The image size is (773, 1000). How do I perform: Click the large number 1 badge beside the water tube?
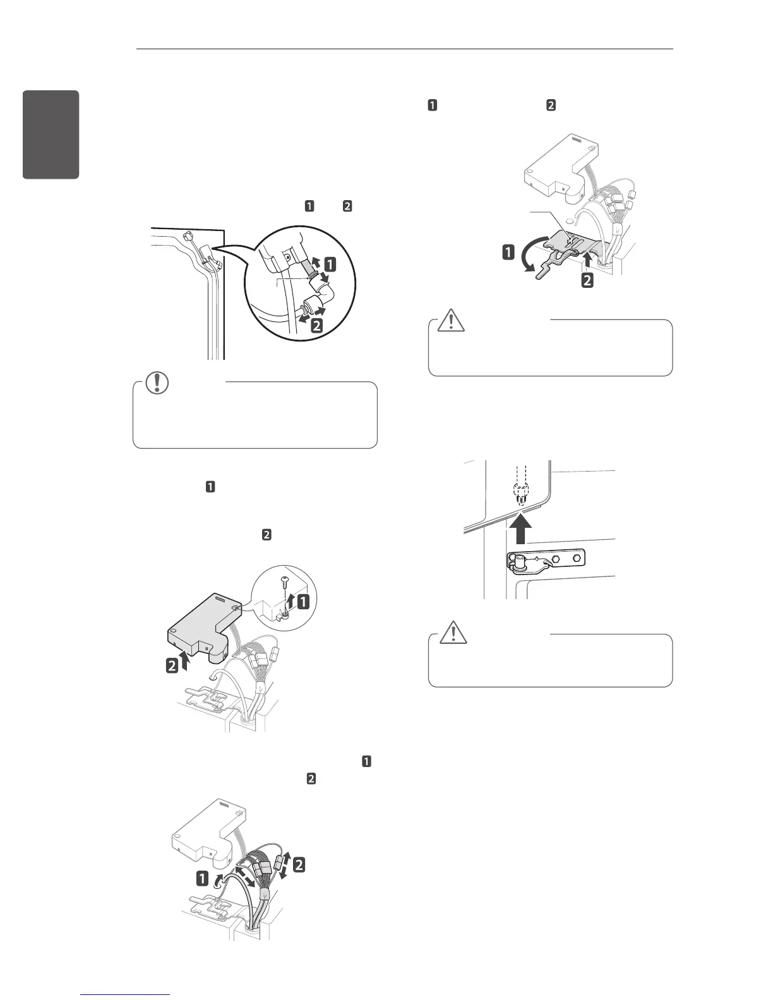(330, 265)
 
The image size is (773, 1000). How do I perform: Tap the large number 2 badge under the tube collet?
(316, 326)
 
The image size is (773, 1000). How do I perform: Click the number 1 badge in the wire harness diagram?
(203, 878)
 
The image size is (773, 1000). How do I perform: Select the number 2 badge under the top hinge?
(587, 279)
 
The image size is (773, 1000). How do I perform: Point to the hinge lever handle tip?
(541, 275)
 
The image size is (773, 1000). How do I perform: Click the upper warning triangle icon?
(452, 320)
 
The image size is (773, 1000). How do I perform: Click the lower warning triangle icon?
(452, 633)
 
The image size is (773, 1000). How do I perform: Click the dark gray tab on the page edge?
(51, 134)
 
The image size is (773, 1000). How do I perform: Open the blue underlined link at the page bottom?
(126, 994)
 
